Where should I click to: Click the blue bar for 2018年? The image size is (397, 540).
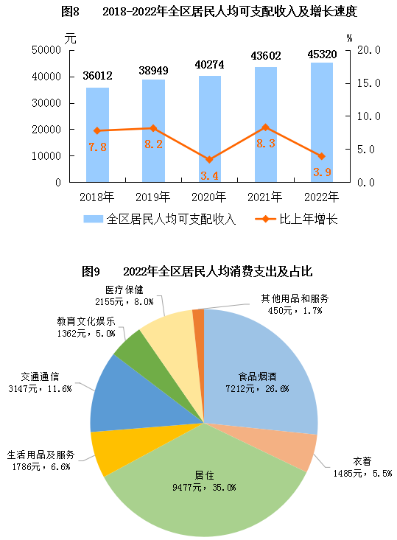97,135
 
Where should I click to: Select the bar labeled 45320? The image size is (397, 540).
322,122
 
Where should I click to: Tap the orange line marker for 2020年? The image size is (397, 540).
209,159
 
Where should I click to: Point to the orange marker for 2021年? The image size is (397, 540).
265,127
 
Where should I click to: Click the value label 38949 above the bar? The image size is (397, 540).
153,71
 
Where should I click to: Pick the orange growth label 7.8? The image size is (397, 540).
97,147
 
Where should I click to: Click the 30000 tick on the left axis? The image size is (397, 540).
46,103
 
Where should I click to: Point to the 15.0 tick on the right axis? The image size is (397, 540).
368,83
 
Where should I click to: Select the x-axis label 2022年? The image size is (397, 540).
322,197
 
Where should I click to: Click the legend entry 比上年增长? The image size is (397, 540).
296,219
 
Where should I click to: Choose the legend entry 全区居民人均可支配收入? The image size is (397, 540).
160,219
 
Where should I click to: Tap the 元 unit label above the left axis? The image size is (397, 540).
70,38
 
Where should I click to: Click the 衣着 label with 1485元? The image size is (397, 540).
362,467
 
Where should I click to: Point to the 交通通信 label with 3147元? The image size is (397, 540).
40,382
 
